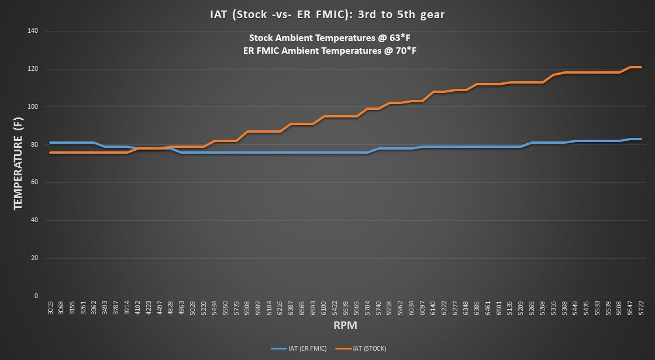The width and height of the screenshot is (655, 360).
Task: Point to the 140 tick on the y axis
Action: pos(33,31)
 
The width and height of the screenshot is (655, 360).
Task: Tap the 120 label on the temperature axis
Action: pos(33,69)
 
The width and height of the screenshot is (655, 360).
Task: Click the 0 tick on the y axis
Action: pos(36,296)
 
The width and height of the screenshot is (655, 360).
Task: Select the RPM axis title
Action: pos(345,325)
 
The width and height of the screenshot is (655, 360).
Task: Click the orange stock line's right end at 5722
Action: pos(641,67)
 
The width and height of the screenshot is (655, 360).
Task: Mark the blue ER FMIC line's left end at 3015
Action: pos(50,143)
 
